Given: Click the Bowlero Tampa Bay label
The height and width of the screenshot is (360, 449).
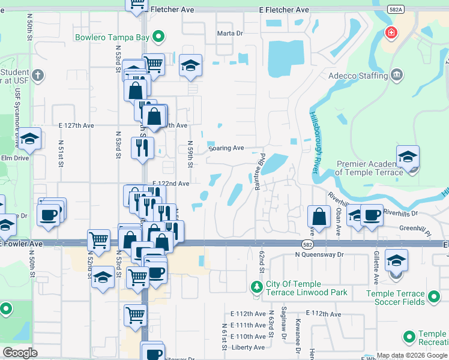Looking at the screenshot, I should click(x=112, y=37).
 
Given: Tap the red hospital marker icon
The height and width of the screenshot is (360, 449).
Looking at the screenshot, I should click(x=391, y=32).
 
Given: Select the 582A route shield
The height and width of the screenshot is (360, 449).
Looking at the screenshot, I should click(x=395, y=10).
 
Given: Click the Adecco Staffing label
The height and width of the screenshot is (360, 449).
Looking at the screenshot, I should click(x=358, y=76).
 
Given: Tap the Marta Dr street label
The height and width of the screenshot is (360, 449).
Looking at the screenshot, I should click(x=229, y=34).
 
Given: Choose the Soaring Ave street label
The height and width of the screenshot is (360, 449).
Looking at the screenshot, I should click(x=226, y=148).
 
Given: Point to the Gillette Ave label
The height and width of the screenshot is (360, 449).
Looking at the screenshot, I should click(x=376, y=259).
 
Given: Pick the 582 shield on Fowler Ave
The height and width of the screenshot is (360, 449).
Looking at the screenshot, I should click(x=306, y=243).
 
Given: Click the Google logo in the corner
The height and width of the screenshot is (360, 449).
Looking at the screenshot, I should click(x=20, y=353).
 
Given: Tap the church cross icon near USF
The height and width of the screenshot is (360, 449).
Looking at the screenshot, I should click(x=38, y=75).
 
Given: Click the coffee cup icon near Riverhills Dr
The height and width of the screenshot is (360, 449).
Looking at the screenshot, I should click(x=372, y=215).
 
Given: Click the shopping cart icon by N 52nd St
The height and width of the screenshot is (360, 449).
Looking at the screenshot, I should click(x=98, y=240).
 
